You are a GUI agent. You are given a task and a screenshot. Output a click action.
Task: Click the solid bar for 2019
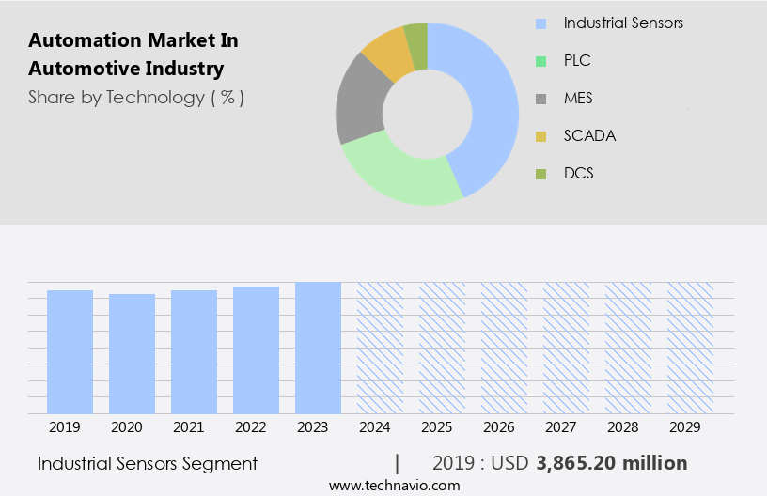(x=70, y=351)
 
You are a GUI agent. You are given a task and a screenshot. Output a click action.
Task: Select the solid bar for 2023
(x=318, y=348)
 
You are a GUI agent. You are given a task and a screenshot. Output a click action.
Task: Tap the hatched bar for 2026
(x=504, y=348)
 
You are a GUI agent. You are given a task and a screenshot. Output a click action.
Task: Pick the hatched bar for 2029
(x=690, y=348)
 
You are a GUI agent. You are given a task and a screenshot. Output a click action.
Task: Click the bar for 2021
(x=194, y=351)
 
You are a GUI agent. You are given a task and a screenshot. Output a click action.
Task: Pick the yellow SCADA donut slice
(x=388, y=54)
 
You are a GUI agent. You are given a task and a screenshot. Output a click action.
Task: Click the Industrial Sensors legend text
(x=623, y=23)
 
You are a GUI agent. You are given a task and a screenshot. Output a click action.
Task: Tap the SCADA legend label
(x=589, y=135)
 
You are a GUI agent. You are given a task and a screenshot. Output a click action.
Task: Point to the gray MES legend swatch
(x=540, y=99)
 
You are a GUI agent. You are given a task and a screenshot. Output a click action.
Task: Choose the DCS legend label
(x=578, y=173)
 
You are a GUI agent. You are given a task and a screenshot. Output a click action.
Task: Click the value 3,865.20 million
(x=611, y=463)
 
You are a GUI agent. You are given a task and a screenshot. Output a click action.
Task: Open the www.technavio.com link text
(x=394, y=486)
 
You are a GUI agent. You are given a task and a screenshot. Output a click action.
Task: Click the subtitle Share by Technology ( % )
(x=136, y=97)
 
